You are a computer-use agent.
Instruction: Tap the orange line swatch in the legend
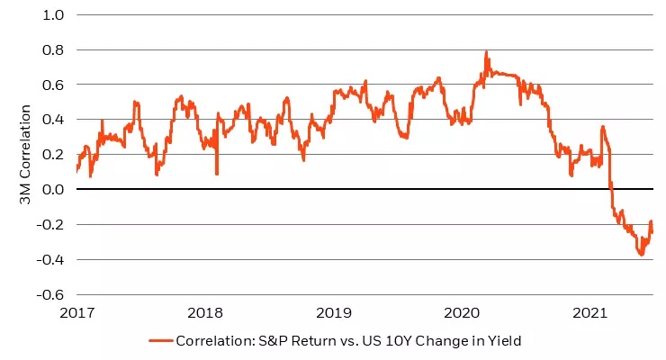coord(160,340)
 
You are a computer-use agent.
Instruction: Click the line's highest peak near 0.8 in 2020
coord(487,52)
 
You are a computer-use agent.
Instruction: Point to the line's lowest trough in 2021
coord(642,255)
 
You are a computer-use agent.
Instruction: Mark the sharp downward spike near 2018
coord(217,172)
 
